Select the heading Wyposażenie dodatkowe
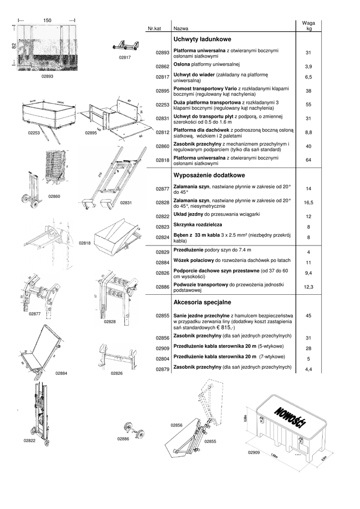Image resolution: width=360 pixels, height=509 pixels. pyautogui.click(x=203, y=175)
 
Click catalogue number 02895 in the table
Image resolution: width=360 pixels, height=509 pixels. pyautogui.click(x=163, y=91)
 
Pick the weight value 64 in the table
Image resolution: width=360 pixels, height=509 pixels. pyautogui.click(x=308, y=160)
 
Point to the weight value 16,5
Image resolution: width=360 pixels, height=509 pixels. pyautogui.click(x=308, y=203)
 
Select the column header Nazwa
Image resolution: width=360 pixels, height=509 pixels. pyautogui.click(x=181, y=29)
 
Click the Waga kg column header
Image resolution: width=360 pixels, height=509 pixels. pyautogui.click(x=308, y=26)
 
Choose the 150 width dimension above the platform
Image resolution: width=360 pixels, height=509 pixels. pyautogui.click(x=47, y=20)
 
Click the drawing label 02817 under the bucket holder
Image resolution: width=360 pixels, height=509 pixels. pyautogui.click(x=125, y=57)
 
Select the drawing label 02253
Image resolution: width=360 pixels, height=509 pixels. pyautogui.click(x=35, y=133)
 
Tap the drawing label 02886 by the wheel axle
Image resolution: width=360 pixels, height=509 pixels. pyautogui.click(x=123, y=439)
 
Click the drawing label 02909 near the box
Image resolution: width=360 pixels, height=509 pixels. pyautogui.click(x=254, y=452)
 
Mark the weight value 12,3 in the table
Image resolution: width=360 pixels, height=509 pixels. pyautogui.click(x=308, y=287)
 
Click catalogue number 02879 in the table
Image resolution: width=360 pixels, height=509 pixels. pyautogui.click(x=163, y=369)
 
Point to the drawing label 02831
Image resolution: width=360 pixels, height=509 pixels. pyautogui.click(x=126, y=203)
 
